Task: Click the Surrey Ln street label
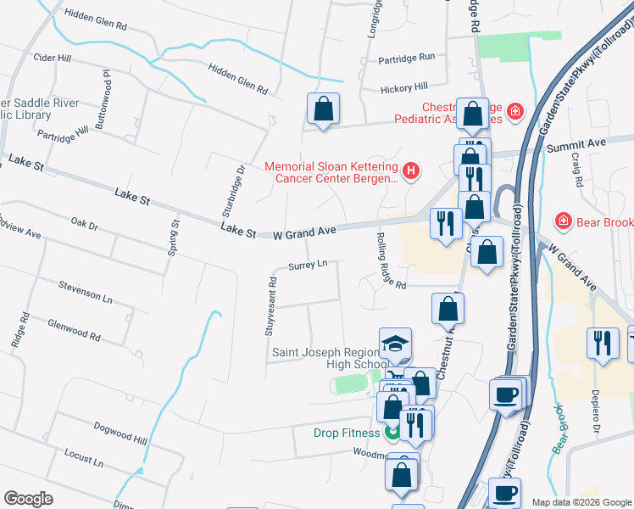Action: (x=308, y=265)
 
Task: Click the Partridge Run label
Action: (x=406, y=57)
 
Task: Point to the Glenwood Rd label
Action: (x=75, y=330)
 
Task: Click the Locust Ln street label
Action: (x=83, y=459)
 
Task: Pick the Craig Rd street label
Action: (x=577, y=171)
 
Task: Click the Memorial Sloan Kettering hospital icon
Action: (x=411, y=172)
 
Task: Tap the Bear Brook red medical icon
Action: (x=561, y=221)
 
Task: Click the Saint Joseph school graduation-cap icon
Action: (x=395, y=343)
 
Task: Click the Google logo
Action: (x=28, y=499)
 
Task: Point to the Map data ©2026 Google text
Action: (x=581, y=502)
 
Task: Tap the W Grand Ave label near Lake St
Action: (x=304, y=231)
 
